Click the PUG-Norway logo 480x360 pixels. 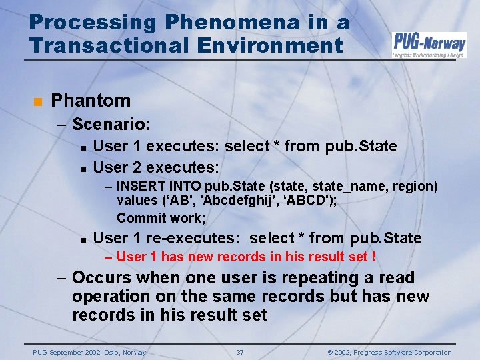pos(429,44)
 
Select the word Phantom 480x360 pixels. pos(91,101)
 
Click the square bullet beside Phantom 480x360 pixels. pos(37,102)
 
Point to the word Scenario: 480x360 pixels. pos(111,124)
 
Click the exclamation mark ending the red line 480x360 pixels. pos(373,257)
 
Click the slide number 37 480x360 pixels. pos(240,352)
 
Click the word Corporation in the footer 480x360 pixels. pos(428,352)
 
